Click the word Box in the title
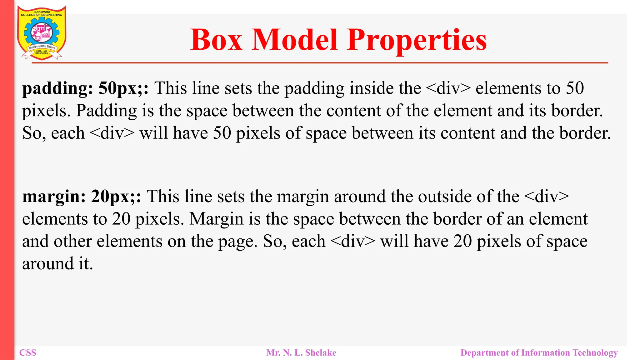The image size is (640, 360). (x=216, y=40)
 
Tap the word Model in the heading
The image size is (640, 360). (x=295, y=40)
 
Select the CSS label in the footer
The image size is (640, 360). (x=28, y=353)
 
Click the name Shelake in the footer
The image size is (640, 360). (x=321, y=353)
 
